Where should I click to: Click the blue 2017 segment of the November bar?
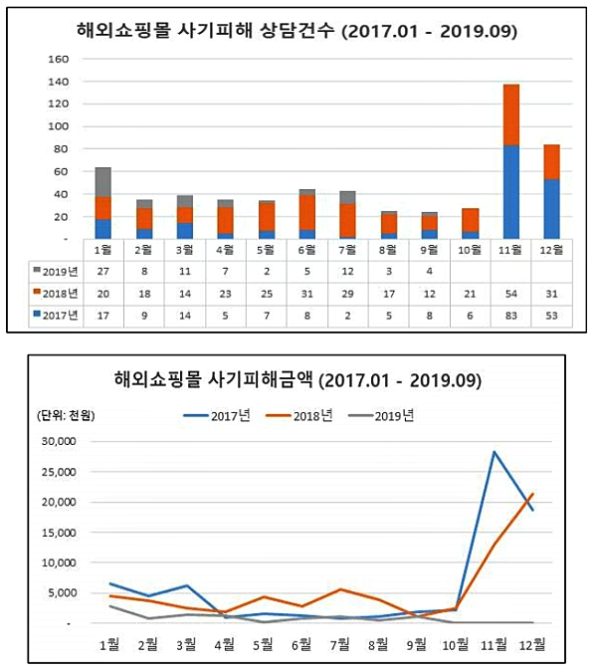[511, 191]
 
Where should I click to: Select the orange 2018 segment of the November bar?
[511, 114]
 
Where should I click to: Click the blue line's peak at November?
[494, 452]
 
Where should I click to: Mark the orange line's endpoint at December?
[534, 493]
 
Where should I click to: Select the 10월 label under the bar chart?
[471, 250]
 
